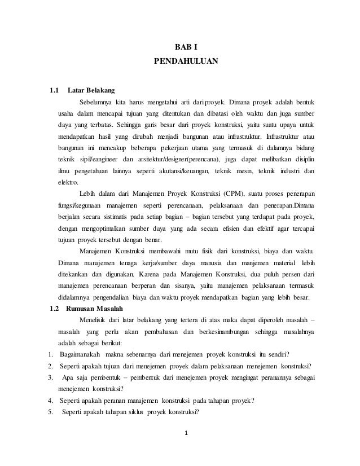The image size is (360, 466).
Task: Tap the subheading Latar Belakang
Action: [x=91, y=90]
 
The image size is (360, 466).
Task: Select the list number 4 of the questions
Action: [x=50, y=401]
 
